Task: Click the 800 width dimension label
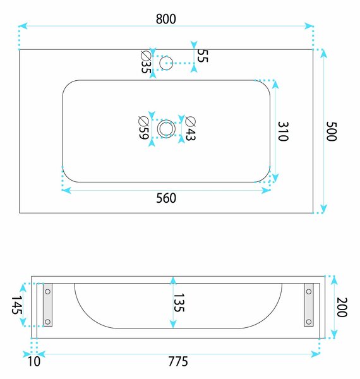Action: tap(165, 19)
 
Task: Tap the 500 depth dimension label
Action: tap(331, 131)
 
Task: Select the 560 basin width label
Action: tap(166, 198)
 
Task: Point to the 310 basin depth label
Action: tap(283, 131)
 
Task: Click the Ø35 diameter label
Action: tap(146, 62)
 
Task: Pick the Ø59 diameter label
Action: tap(143, 128)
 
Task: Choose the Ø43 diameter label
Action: tap(191, 128)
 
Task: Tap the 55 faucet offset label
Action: tap(203, 56)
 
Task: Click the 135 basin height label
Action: tap(179, 303)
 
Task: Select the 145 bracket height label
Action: tap(17, 305)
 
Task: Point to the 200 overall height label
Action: tap(342, 307)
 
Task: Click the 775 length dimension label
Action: tap(178, 361)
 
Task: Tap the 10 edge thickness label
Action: tap(34, 361)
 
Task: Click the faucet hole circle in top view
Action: tap(166, 56)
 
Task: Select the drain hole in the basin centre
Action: tap(166, 123)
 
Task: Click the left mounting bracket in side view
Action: tap(47, 305)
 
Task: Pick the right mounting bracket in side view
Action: tap(309, 305)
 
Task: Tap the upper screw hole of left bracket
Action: tap(47, 291)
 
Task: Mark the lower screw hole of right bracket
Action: tap(309, 322)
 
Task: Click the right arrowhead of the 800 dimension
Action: tap(309, 26)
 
